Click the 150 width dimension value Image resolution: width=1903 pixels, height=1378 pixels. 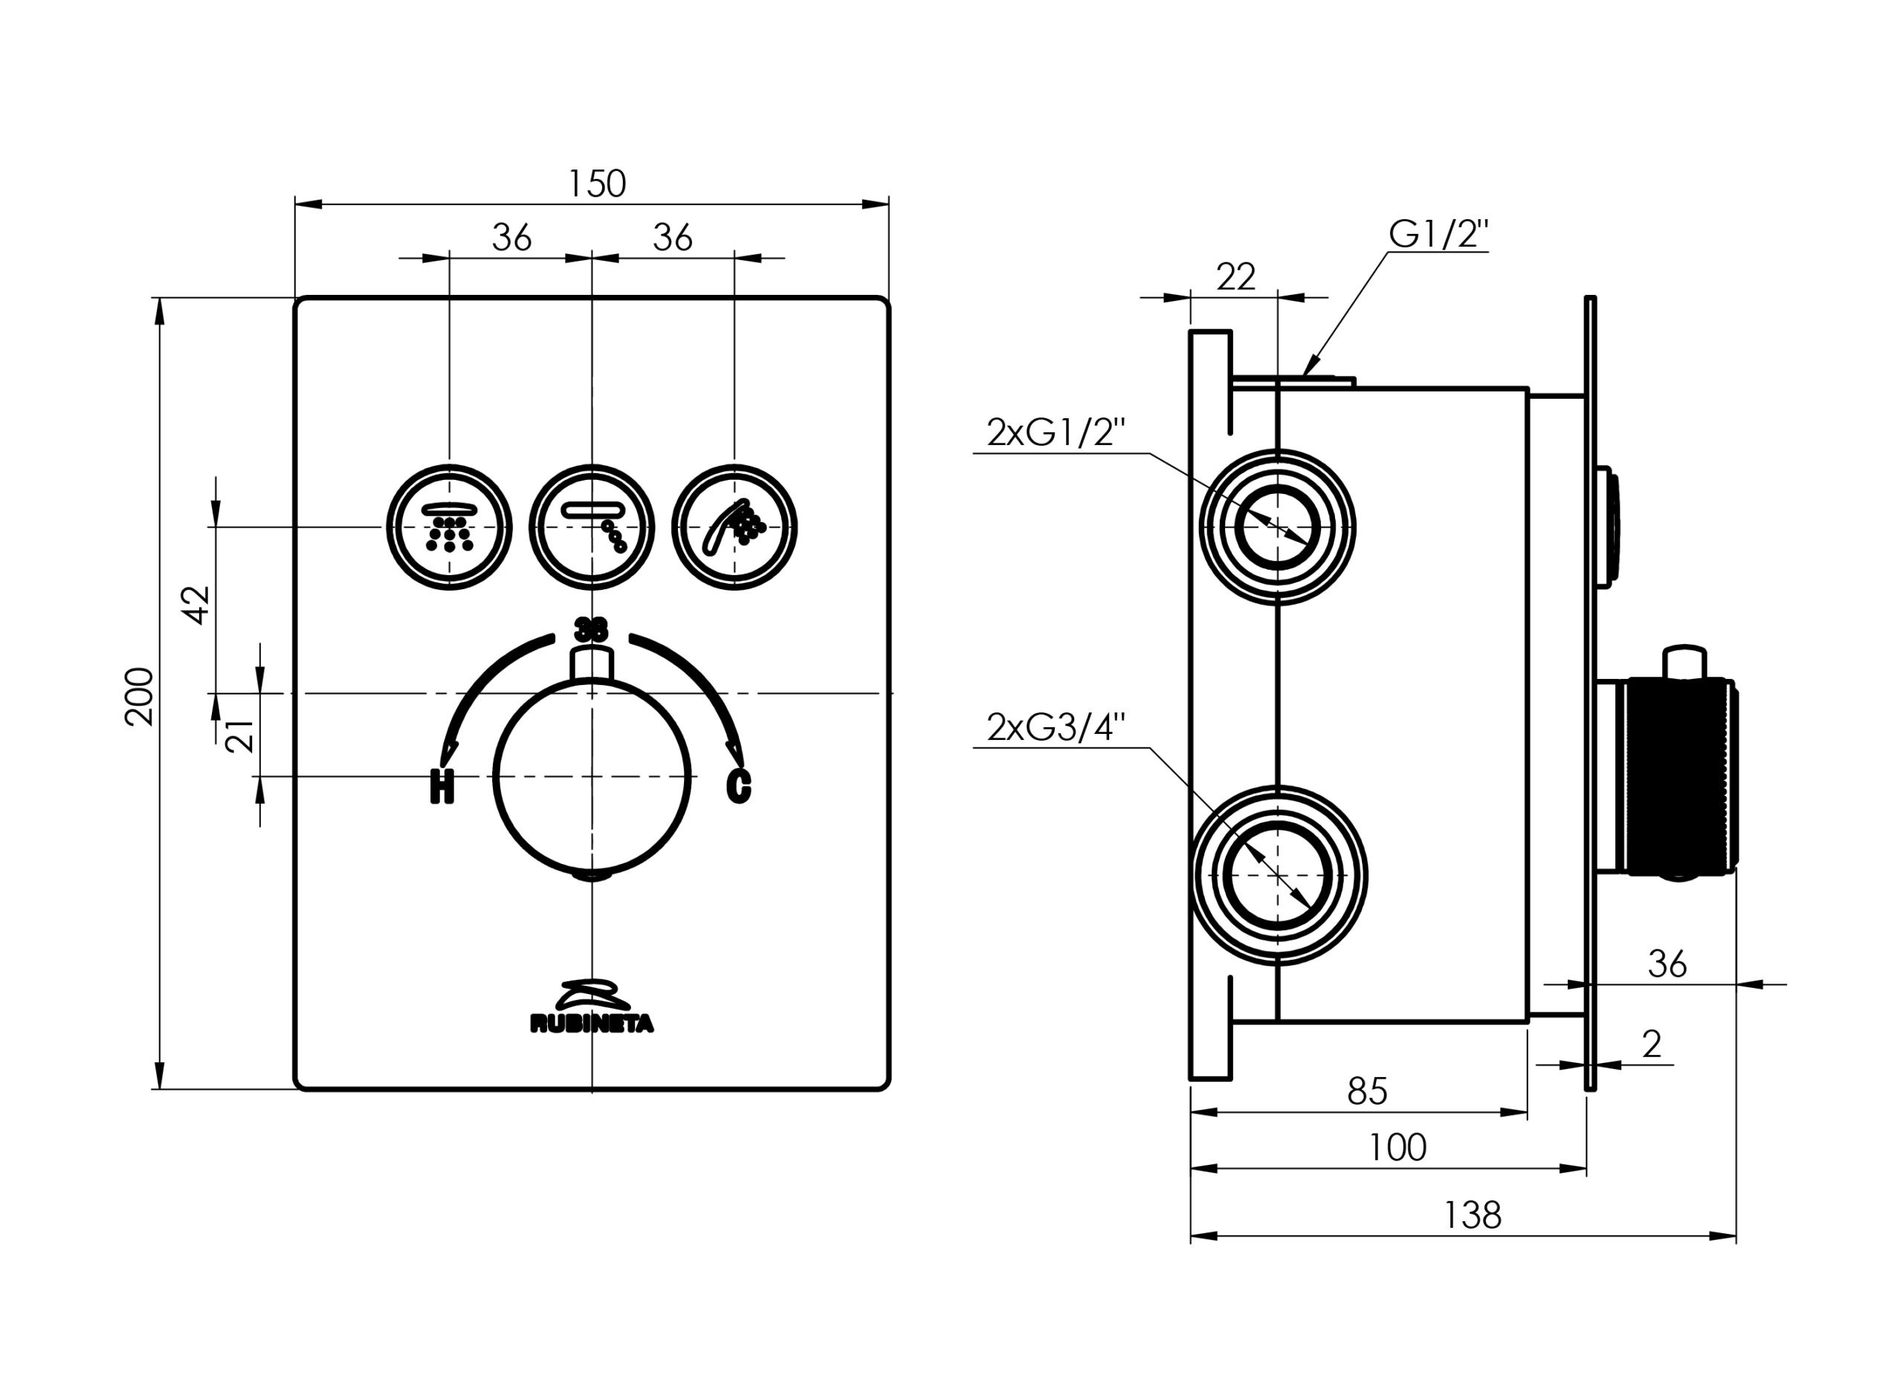click(x=597, y=183)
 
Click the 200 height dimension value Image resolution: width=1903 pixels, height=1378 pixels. click(x=139, y=696)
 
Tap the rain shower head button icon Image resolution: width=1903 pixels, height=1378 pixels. click(x=449, y=527)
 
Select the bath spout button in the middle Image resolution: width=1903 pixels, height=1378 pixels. click(x=592, y=527)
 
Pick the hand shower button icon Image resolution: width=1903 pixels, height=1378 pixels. click(x=735, y=527)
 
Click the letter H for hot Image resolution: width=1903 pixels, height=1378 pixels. click(x=442, y=786)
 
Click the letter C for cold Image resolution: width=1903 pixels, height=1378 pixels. click(x=738, y=786)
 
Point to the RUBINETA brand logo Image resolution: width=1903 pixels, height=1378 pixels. click(x=592, y=1007)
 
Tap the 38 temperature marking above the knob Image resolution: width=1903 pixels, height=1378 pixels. click(x=591, y=629)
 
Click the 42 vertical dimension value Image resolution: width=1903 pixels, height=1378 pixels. click(x=198, y=605)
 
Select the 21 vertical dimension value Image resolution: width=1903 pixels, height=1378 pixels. click(x=241, y=735)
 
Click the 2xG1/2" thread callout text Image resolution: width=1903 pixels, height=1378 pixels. click(x=1055, y=434)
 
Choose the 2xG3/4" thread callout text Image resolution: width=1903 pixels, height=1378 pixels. click(x=1055, y=727)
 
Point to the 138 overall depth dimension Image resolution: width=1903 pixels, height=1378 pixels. click(x=1472, y=1215)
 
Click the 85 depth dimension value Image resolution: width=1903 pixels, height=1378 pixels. click(x=1367, y=1091)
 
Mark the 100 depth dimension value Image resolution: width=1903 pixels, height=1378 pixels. click(x=1397, y=1146)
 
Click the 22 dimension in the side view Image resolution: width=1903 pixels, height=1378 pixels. click(x=1235, y=277)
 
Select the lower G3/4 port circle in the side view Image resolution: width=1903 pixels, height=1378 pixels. click(x=1276, y=875)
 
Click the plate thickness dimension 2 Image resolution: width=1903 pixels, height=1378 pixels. click(x=1651, y=1044)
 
